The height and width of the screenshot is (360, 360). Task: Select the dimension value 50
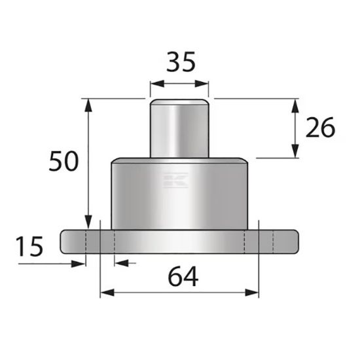coord(64,160)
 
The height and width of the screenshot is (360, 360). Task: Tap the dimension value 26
coord(320,128)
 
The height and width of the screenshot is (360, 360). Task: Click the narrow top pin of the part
coord(179,128)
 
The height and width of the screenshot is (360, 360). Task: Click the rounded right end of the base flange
coord(295,242)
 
